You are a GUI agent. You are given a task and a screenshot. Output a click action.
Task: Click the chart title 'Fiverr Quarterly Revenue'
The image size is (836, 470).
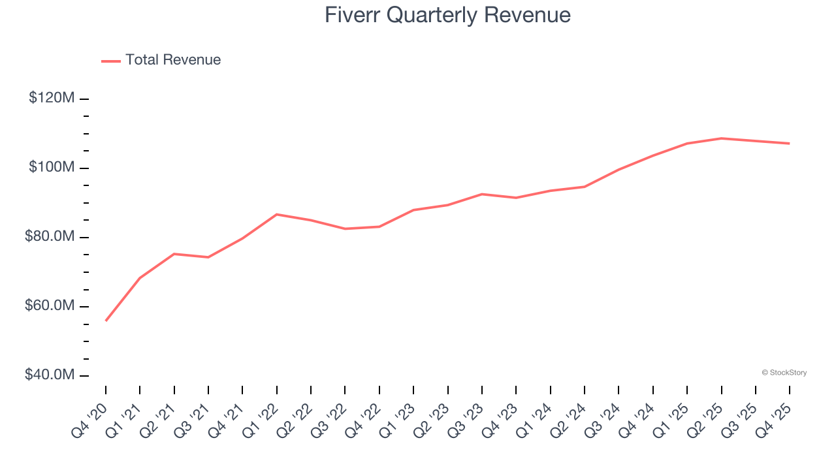tap(447, 15)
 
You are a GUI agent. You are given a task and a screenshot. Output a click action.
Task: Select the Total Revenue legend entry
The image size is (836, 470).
tap(161, 60)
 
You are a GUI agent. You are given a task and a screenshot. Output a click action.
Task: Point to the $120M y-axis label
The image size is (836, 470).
tap(52, 98)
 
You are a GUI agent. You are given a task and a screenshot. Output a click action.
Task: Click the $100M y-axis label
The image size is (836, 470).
tap(52, 167)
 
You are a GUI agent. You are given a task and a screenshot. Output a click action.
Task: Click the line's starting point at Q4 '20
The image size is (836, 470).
tap(106, 321)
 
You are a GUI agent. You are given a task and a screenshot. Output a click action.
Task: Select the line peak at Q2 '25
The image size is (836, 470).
tap(721, 138)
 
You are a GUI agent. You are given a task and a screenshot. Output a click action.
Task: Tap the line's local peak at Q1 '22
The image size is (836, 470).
tap(277, 214)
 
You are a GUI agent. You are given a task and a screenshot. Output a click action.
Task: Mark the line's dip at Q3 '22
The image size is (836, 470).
tap(345, 228)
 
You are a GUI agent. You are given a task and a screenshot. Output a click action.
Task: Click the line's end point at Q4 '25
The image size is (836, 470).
tap(789, 144)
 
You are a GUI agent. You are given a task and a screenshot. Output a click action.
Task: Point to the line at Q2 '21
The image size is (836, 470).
tap(174, 253)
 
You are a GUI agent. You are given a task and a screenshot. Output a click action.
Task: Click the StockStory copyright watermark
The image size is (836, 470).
tap(784, 373)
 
